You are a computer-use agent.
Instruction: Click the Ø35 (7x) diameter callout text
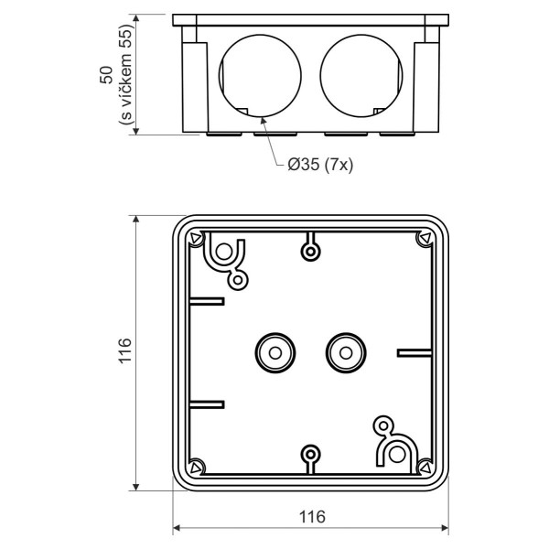click(x=320, y=165)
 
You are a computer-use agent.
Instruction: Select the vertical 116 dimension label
click(x=125, y=350)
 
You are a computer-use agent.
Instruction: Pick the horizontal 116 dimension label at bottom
click(x=312, y=516)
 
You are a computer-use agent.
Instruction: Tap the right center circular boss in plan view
click(x=345, y=350)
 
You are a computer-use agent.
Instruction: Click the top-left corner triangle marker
click(x=196, y=240)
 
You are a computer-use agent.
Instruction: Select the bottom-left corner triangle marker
click(x=196, y=466)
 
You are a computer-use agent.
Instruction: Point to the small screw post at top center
click(x=311, y=250)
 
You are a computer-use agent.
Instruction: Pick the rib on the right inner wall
click(x=414, y=350)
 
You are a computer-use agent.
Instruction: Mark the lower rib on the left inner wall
click(x=209, y=403)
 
